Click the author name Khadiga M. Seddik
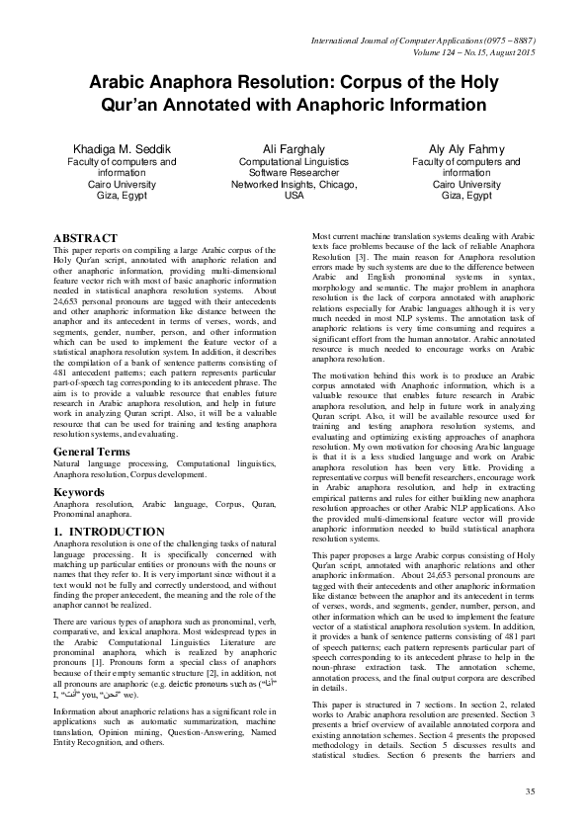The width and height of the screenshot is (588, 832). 114,147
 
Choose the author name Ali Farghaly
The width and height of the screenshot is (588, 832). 294,147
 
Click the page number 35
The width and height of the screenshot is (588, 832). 530,791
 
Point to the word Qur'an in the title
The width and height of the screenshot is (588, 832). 147,104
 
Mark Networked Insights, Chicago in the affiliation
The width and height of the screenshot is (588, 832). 294,184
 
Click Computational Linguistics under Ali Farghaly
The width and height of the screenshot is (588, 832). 294,160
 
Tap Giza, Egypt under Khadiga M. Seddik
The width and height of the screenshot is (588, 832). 114,196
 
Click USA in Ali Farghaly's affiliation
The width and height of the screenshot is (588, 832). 294,196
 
